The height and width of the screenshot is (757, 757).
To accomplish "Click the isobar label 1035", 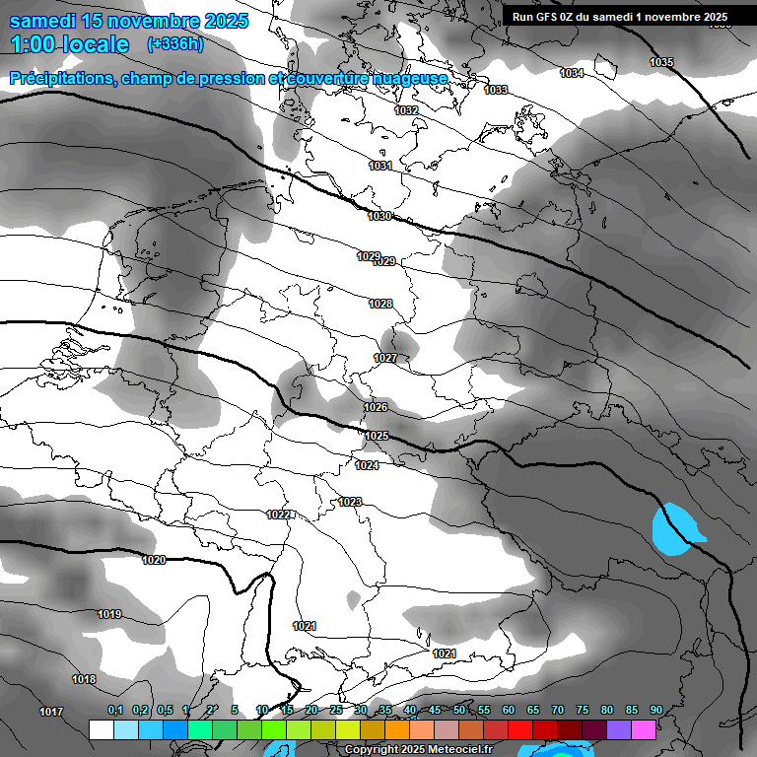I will [661, 63].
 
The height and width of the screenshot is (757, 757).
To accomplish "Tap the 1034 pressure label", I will [572, 74].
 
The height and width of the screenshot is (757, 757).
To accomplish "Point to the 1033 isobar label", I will [496, 91].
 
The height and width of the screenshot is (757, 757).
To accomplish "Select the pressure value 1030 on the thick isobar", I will [379, 216].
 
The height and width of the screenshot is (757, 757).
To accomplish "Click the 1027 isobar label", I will [385, 358].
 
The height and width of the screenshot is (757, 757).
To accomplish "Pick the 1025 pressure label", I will [377, 436].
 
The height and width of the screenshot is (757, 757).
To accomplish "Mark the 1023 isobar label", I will [350, 502].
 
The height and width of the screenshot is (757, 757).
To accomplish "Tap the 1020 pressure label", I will [154, 560].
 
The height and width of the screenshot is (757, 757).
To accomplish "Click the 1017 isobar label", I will [51, 712].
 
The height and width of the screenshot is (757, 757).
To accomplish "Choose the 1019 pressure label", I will [109, 615].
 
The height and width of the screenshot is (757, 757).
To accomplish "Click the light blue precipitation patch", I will [675, 528].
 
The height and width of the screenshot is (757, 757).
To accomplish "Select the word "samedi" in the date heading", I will [44, 21].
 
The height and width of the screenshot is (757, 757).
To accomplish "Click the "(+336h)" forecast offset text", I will [175, 44].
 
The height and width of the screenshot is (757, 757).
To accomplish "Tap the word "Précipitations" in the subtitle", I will [62, 78].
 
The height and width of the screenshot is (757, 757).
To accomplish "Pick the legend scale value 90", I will [655, 710].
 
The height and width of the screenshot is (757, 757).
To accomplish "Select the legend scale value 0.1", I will [115, 710].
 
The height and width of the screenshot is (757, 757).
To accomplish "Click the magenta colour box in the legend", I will [644, 729].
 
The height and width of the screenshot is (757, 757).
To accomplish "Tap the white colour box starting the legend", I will [101, 729].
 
